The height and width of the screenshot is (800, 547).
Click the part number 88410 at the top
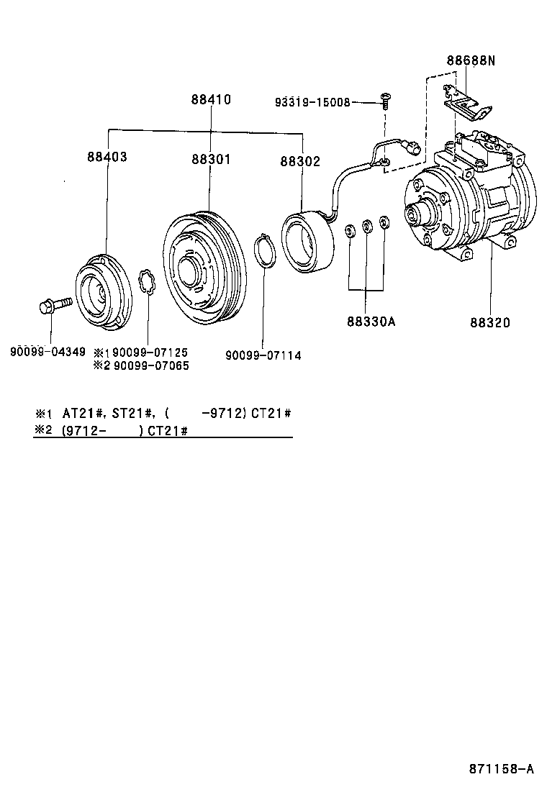point(211,100)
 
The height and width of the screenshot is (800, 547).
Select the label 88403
point(107,156)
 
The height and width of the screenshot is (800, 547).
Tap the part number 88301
point(211,159)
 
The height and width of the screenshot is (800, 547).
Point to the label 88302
point(300,162)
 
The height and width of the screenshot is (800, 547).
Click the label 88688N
point(470,61)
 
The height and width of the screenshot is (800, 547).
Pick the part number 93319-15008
point(312,102)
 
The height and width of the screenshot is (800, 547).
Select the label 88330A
point(371,322)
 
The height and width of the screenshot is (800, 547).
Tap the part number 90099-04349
point(48,353)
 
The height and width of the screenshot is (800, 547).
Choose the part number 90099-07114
point(263,355)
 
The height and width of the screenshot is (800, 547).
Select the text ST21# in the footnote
point(133,414)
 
